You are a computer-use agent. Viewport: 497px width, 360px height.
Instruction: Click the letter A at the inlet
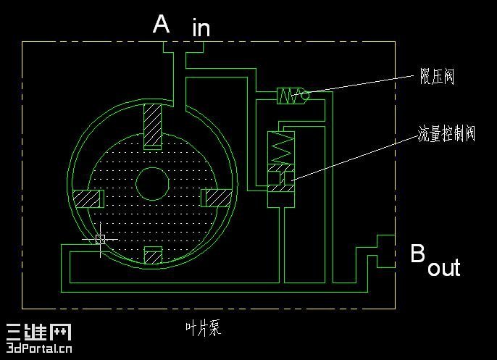click(x=161, y=24)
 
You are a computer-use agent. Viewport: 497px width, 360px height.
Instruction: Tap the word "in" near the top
click(x=201, y=28)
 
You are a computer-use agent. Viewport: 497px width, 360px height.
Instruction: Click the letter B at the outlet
click(x=418, y=253)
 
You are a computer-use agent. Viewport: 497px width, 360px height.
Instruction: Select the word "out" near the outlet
click(x=443, y=268)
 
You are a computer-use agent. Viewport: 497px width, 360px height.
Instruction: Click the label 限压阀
click(x=437, y=76)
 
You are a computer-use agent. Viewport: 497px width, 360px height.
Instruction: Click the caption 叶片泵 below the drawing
click(x=203, y=328)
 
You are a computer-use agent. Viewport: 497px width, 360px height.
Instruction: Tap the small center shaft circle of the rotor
click(x=152, y=184)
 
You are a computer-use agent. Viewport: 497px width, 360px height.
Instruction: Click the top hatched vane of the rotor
click(x=152, y=127)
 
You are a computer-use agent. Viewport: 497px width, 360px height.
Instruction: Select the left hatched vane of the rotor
click(x=88, y=198)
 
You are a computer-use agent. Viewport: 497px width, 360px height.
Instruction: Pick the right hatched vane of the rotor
click(x=217, y=198)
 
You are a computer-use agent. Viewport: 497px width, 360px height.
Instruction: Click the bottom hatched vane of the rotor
click(x=153, y=255)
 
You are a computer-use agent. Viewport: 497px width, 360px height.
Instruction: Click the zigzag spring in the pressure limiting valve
click(x=291, y=96)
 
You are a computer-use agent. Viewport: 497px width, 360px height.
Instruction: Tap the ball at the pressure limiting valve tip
click(x=305, y=96)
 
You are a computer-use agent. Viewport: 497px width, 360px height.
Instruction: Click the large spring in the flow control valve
click(x=281, y=148)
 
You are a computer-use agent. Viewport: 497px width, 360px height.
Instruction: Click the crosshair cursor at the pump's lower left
click(x=101, y=239)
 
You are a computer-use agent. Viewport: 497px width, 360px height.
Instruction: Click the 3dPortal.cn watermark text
click(x=39, y=348)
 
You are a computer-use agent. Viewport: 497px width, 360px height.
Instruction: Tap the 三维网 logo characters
click(x=38, y=332)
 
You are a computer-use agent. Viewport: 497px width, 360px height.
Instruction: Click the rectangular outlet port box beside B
click(x=385, y=251)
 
